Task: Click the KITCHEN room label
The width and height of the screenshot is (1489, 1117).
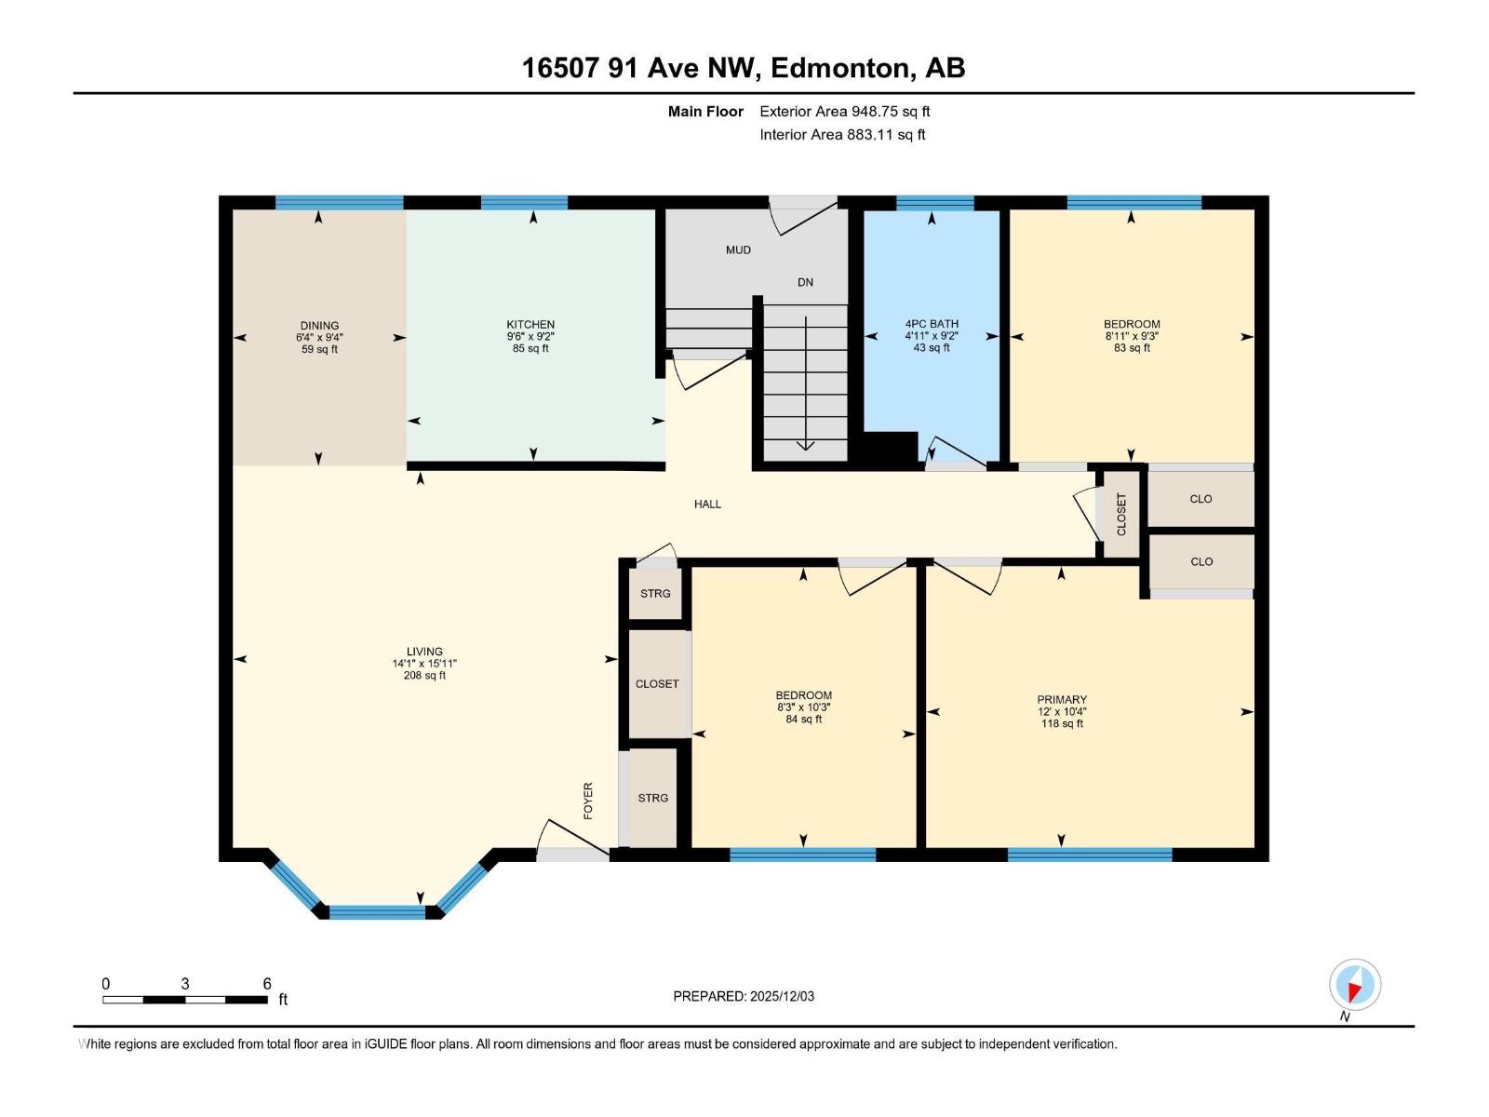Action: [530, 325]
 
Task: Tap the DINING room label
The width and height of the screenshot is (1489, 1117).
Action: [319, 326]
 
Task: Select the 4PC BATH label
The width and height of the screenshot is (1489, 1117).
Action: [932, 324]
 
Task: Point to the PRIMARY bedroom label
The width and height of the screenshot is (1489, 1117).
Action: [1062, 699]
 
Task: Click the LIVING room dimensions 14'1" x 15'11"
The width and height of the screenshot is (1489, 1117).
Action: [424, 664]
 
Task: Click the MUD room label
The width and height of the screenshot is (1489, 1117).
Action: [738, 249]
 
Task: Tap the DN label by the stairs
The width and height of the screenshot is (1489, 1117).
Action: [805, 282]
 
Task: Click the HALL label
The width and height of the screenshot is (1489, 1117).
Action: [707, 504]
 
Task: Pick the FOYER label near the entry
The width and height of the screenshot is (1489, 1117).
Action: [588, 801]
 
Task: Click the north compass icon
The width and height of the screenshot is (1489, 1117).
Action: [1355, 985]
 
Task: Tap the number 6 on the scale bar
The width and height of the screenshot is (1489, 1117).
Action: [267, 984]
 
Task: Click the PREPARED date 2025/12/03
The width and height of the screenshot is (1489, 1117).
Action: [781, 996]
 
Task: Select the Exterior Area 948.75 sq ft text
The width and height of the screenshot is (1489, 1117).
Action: [844, 111]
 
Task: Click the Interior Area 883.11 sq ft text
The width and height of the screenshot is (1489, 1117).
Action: [842, 134]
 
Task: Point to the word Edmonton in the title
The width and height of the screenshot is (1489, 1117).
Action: [840, 68]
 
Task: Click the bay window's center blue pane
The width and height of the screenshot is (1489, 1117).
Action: [377, 911]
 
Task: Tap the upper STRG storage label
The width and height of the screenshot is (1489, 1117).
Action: [655, 593]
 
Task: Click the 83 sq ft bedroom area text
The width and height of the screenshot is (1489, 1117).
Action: [1132, 348]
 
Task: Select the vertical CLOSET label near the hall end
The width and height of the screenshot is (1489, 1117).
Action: [1121, 514]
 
